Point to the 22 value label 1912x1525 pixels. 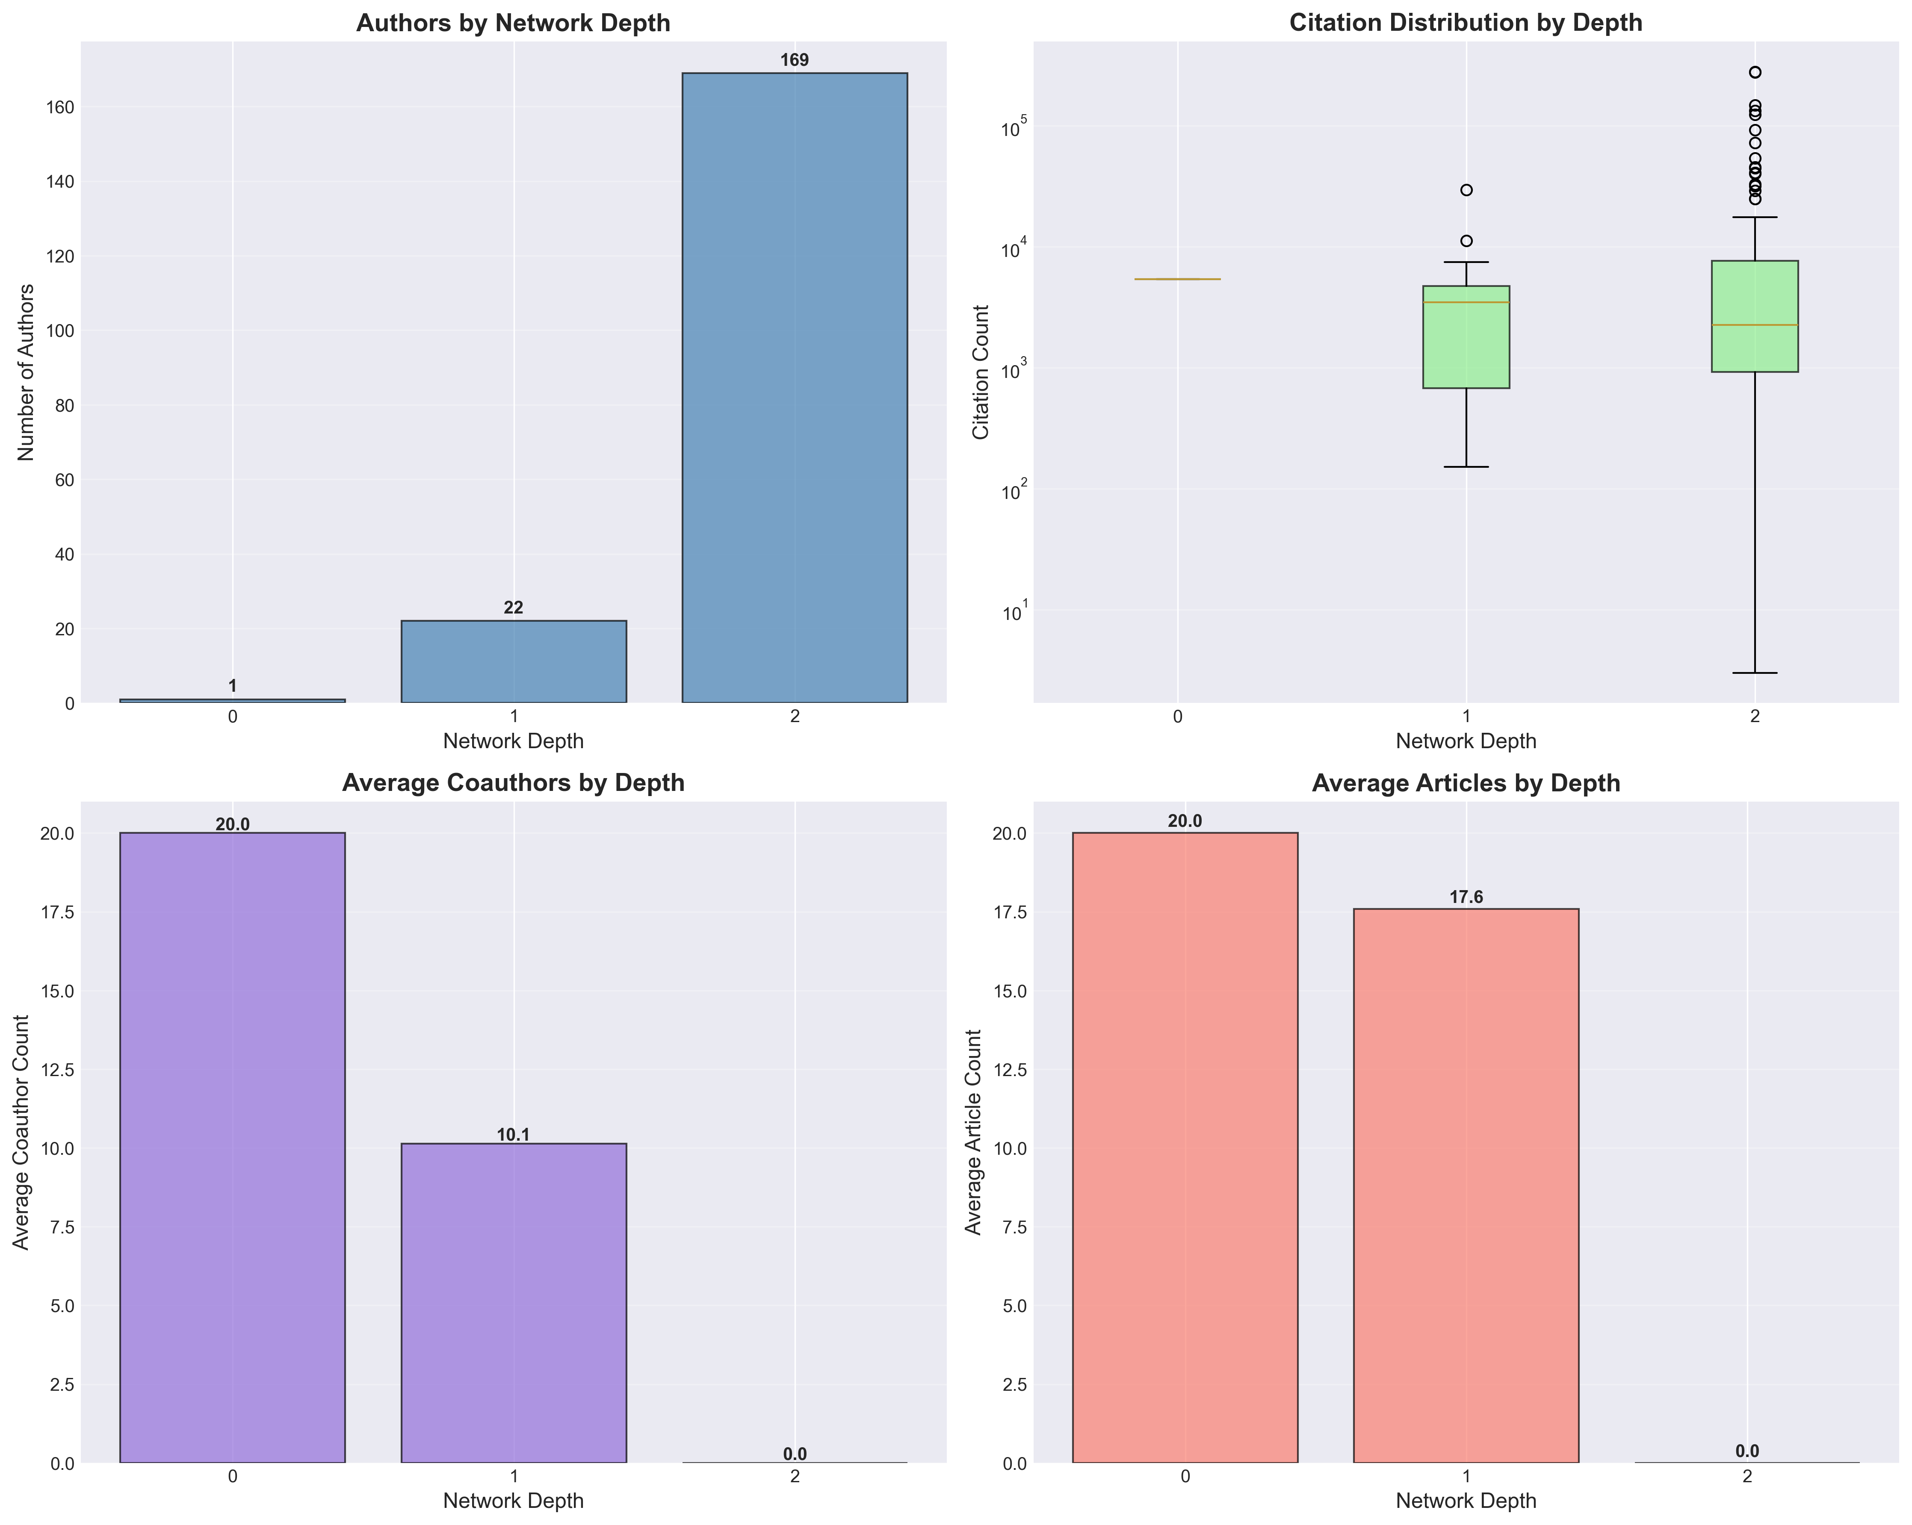(x=514, y=608)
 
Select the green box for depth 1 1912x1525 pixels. (x=1466, y=337)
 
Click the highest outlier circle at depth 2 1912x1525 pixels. (x=1754, y=72)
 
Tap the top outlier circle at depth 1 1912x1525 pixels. (x=1466, y=190)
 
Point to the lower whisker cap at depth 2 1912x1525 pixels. (x=1754, y=673)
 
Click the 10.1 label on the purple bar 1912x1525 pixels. (x=514, y=1135)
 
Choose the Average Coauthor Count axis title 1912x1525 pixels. (x=21, y=1132)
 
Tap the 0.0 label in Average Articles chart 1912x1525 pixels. (x=1746, y=1451)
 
